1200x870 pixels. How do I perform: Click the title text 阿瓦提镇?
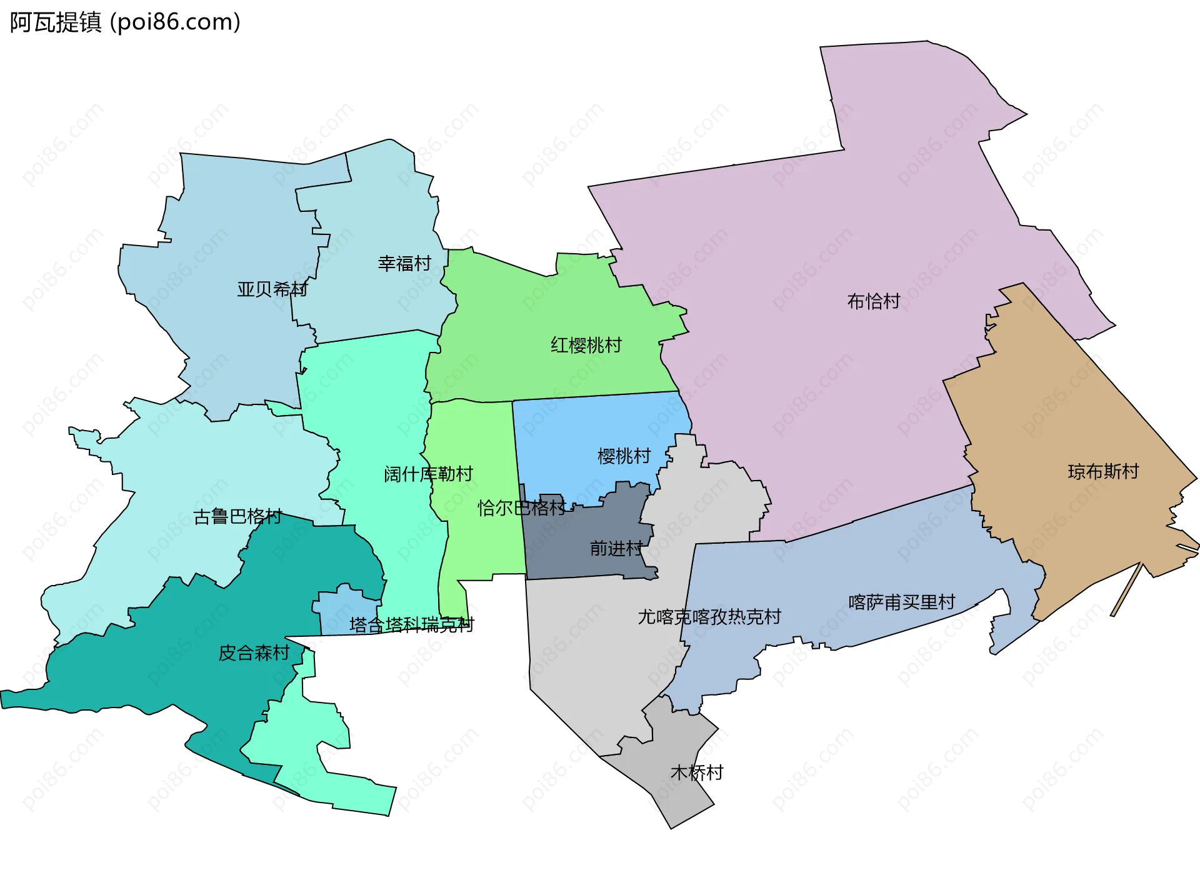55,22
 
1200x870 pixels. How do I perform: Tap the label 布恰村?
873,302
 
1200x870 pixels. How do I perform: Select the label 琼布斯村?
1103,471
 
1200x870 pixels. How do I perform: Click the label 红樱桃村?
586,345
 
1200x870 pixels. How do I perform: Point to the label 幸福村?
404,264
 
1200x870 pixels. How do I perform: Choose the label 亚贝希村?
272,289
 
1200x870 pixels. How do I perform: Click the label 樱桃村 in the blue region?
624,456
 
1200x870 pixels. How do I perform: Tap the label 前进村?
616,549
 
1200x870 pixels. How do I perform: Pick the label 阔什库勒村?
428,474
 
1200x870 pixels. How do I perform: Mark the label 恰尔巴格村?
522,508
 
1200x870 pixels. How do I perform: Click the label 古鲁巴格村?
237,517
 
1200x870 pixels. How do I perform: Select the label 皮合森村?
254,653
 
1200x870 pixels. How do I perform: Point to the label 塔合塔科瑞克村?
411,625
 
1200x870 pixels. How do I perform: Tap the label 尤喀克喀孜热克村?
709,617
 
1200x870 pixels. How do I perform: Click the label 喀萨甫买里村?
901,602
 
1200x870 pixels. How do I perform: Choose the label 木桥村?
696,773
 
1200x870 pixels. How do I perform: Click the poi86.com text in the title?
175,22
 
